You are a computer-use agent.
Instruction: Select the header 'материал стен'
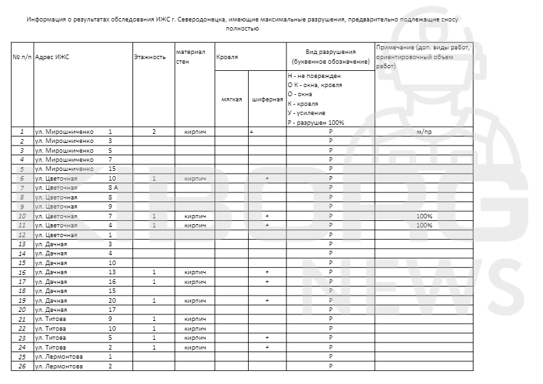pyautogui.click(x=190, y=57)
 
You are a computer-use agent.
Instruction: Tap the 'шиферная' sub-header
pyautogui.click(x=267, y=99)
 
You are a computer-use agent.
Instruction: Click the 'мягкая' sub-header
pyautogui.click(x=231, y=99)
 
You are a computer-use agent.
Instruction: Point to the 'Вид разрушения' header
pyautogui.click(x=331, y=51)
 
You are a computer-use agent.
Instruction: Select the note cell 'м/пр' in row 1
pyautogui.click(x=424, y=132)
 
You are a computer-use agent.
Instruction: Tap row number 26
pyautogui.click(x=22, y=366)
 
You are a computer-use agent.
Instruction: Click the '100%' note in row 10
pyautogui.click(x=424, y=216)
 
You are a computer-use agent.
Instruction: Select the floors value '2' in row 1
pyautogui.click(x=154, y=132)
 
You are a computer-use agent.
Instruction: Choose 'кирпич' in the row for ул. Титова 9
pyautogui.click(x=195, y=320)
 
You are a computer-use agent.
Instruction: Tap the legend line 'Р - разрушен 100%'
pyautogui.click(x=316, y=122)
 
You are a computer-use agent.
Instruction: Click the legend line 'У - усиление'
pyautogui.click(x=307, y=112)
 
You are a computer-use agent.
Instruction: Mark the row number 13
pyautogui.click(x=22, y=244)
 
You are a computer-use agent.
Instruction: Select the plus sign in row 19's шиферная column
pyautogui.click(x=267, y=301)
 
